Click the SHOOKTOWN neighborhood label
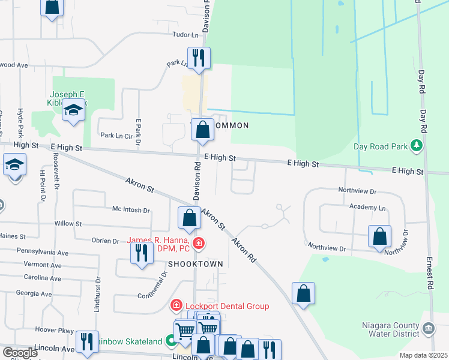196,264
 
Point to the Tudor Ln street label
185,35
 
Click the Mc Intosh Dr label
131,210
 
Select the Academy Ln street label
367,207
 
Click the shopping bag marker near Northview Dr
380,236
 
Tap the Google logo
19,353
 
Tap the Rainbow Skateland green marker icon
171,342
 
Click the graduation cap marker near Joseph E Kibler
74,111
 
